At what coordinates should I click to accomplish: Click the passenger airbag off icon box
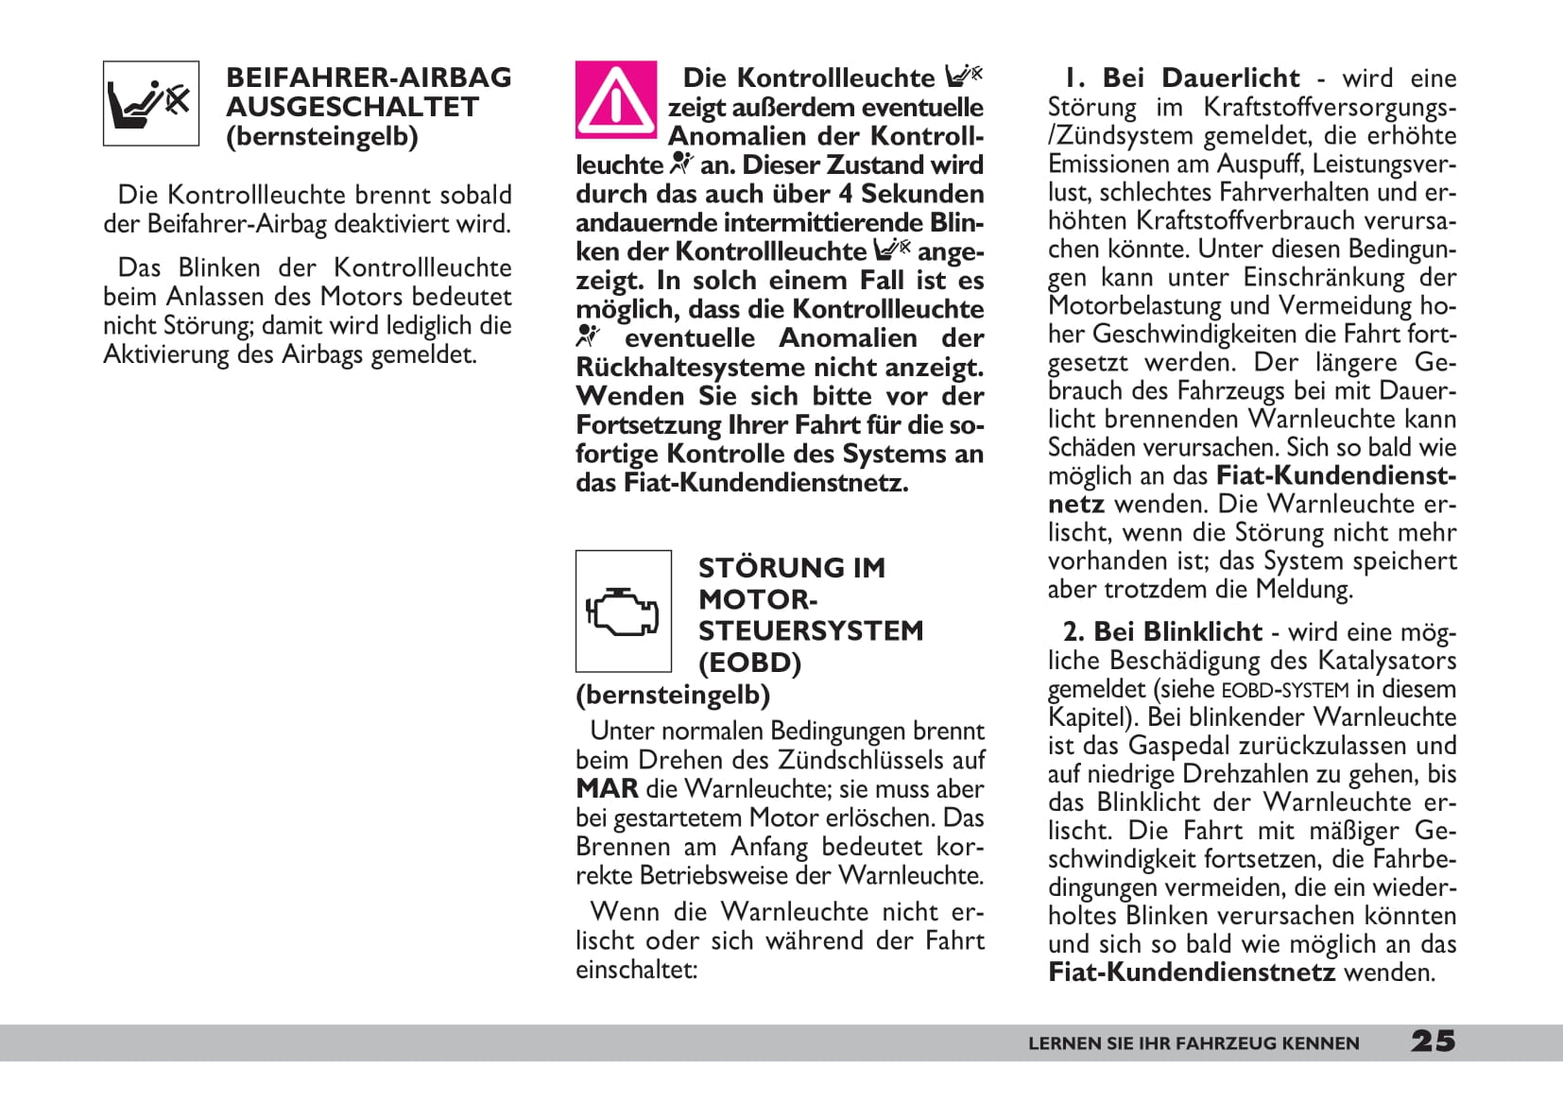pyautogui.click(x=151, y=103)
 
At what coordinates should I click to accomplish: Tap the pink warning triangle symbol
pyautogui.click(x=615, y=100)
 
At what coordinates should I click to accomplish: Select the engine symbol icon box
pyautogui.click(x=623, y=611)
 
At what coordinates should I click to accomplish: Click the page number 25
pyautogui.click(x=1433, y=1042)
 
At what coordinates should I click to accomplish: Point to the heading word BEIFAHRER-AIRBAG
pyautogui.click(x=369, y=77)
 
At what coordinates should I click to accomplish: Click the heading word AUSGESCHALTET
pyautogui.click(x=352, y=107)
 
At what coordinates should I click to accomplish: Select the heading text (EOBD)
pyautogui.click(x=749, y=663)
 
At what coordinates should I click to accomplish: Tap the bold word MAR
pyautogui.click(x=606, y=789)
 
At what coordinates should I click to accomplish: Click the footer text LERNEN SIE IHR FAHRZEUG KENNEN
pyautogui.click(x=1194, y=1043)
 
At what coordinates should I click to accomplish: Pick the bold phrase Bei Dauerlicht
pyautogui.click(x=1201, y=77)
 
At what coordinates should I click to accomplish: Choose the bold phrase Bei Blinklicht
pyautogui.click(x=1177, y=631)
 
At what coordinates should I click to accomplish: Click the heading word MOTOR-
pyautogui.click(x=758, y=599)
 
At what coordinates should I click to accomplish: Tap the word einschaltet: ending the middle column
pyautogui.click(x=636, y=970)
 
